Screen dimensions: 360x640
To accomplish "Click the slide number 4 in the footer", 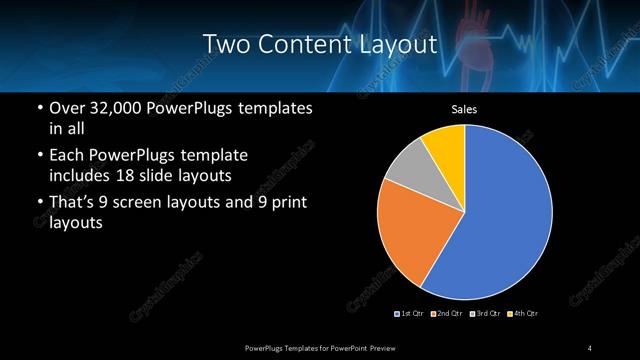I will click(590, 347).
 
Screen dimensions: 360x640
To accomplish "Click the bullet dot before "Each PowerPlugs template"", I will click(39, 156).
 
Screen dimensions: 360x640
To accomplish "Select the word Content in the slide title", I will click(300, 45).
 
